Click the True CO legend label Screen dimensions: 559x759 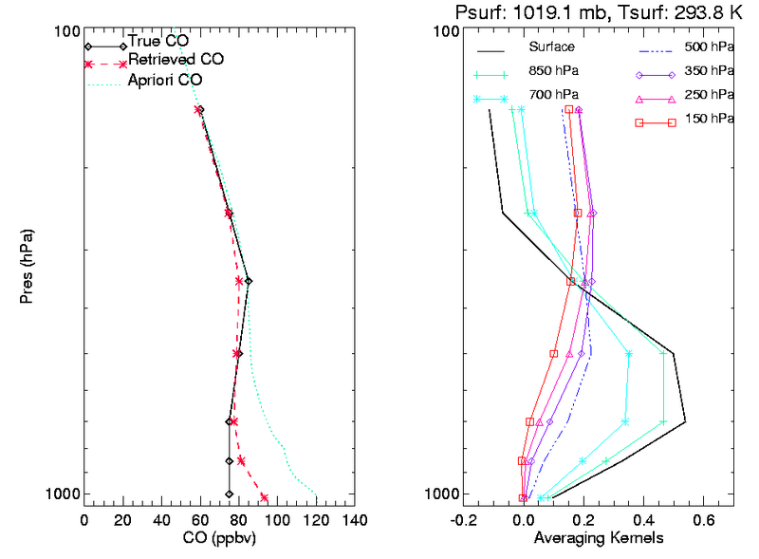pos(157,43)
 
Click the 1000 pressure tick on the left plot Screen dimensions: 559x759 pos(64,494)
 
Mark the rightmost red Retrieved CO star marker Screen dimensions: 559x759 pos(264,497)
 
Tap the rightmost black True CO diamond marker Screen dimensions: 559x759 pos(249,281)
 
